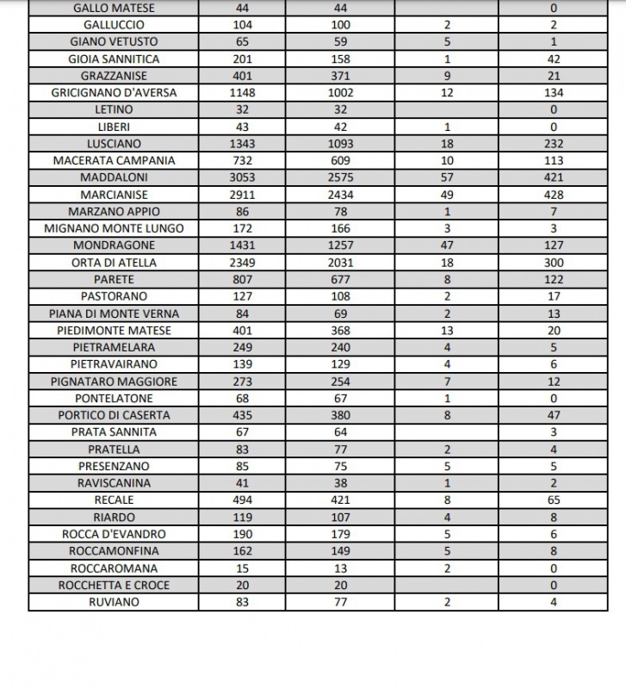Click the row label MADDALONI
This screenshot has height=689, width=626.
point(114,177)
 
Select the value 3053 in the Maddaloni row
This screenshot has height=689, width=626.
point(242,177)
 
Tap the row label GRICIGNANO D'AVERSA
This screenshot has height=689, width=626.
point(114,93)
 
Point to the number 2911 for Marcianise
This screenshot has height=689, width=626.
point(242,195)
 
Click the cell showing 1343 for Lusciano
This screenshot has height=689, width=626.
point(242,144)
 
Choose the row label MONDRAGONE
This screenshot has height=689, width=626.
point(114,245)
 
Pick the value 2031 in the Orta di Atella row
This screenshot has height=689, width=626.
point(340,263)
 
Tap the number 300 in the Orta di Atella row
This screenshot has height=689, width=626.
point(554,263)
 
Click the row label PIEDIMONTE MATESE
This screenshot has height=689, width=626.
point(114,331)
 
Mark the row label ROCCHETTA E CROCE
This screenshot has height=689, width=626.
point(114,586)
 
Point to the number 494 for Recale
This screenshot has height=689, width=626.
point(242,500)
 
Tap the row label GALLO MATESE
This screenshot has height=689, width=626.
point(114,8)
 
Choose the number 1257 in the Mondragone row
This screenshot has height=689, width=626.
point(340,245)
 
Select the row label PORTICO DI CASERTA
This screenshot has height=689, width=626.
point(114,415)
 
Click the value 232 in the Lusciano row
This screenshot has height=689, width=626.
point(554,144)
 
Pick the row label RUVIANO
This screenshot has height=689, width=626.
point(114,603)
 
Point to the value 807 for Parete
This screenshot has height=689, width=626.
point(242,280)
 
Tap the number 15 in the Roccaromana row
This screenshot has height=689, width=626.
point(242,568)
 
